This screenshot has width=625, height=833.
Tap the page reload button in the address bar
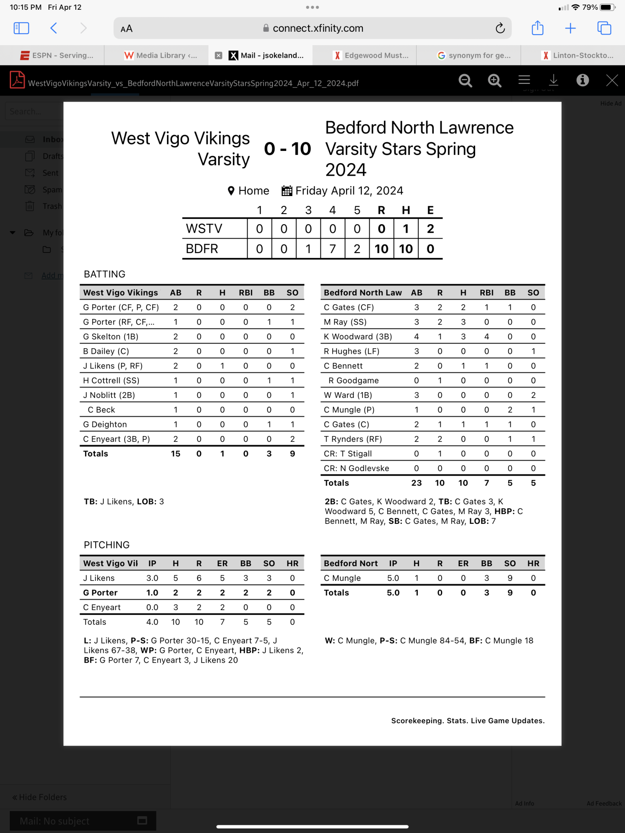coord(500,28)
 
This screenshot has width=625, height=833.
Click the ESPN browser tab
coord(57,55)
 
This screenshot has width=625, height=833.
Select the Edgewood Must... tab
coord(371,55)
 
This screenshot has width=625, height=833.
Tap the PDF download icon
coord(553,81)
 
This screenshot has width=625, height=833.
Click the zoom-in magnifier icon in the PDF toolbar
coord(494,81)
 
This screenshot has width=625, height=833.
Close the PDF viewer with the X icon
coord(612,81)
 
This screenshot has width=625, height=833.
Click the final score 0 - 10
coord(287,149)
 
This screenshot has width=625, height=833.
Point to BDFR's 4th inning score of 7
coord(333,249)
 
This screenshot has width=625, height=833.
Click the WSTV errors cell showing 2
coord(430,229)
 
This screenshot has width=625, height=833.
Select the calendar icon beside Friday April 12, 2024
coord(287,191)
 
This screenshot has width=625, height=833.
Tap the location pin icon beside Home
coord(231,191)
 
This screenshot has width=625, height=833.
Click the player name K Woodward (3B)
coord(357,336)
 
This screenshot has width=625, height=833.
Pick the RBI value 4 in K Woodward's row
coord(486,336)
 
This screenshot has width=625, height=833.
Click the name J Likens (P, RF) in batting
coord(113,366)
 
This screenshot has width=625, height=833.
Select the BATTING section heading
coord(105,274)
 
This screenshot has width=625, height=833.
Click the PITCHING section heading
coord(107,545)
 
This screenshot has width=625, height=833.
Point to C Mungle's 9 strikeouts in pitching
coord(510,578)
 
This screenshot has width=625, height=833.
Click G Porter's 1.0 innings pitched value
coord(152,593)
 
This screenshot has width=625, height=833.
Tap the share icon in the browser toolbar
coord(537,28)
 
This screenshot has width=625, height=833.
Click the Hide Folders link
coord(39,797)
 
